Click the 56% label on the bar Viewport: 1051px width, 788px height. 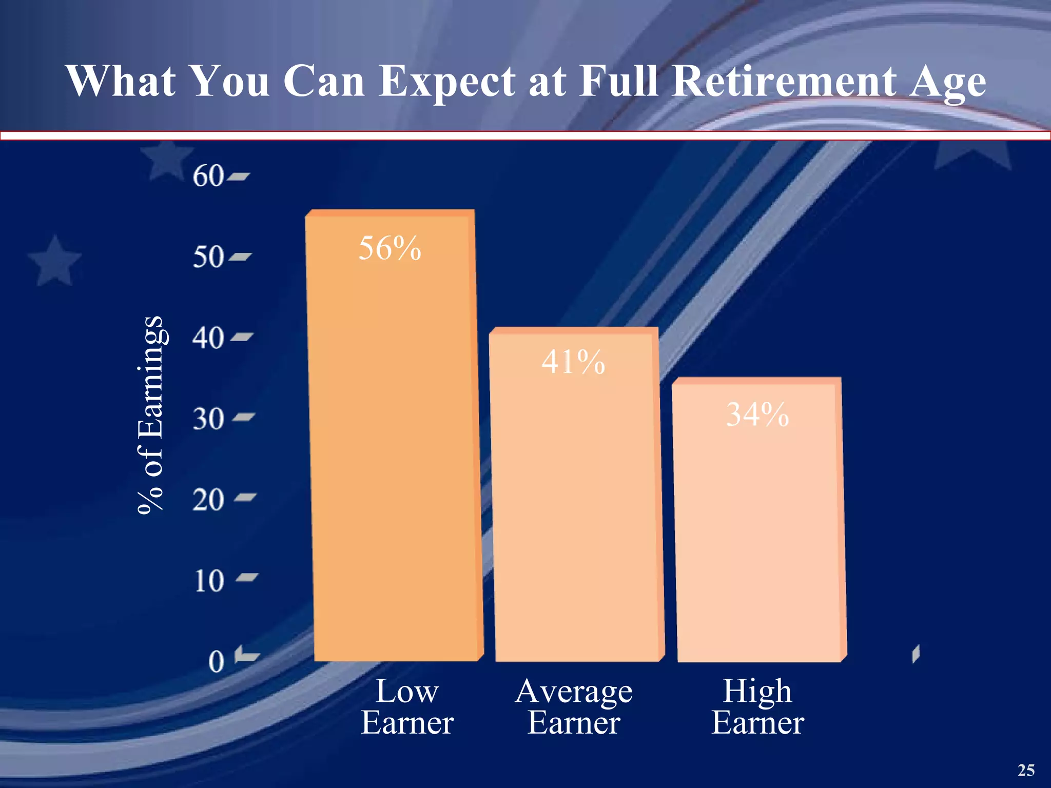390,248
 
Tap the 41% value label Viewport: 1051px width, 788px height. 573,362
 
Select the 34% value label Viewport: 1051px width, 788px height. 757,415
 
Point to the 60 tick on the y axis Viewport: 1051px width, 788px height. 208,176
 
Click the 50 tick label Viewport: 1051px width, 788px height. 208,257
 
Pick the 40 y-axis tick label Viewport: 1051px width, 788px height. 208,338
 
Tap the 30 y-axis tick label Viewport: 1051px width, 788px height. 208,419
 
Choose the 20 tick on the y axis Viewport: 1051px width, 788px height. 208,500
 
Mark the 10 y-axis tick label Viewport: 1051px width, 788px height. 209,581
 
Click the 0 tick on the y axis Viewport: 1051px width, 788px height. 217,662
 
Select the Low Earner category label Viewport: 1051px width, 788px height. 407,706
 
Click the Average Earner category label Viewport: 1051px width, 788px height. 574,706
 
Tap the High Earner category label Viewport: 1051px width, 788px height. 757,706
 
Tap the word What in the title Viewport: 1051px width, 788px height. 121,81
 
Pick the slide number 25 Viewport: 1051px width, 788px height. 1026,770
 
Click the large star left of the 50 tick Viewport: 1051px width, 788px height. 54,261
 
